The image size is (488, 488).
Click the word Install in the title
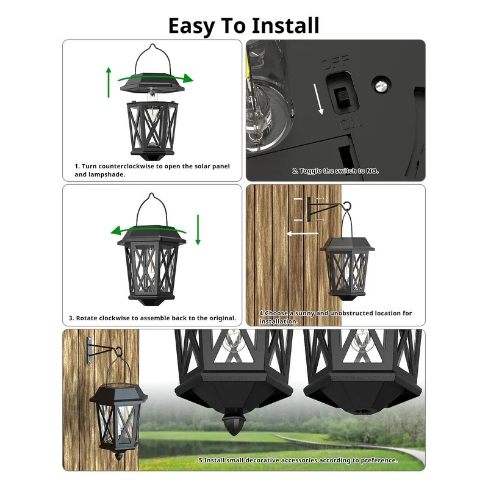(285, 26)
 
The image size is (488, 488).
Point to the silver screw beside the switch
(381, 85)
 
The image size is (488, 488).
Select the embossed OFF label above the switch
(335, 62)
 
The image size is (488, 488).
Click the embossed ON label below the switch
(350, 123)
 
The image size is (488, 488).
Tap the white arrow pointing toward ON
(318, 99)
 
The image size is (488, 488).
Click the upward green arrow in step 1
(109, 82)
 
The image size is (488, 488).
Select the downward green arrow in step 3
(198, 230)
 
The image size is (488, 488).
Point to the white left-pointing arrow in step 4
(302, 234)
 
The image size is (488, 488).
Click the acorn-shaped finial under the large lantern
(234, 423)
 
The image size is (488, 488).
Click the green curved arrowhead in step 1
(188, 78)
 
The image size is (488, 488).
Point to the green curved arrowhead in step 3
(116, 231)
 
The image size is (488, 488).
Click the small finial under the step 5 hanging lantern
(118, 456)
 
